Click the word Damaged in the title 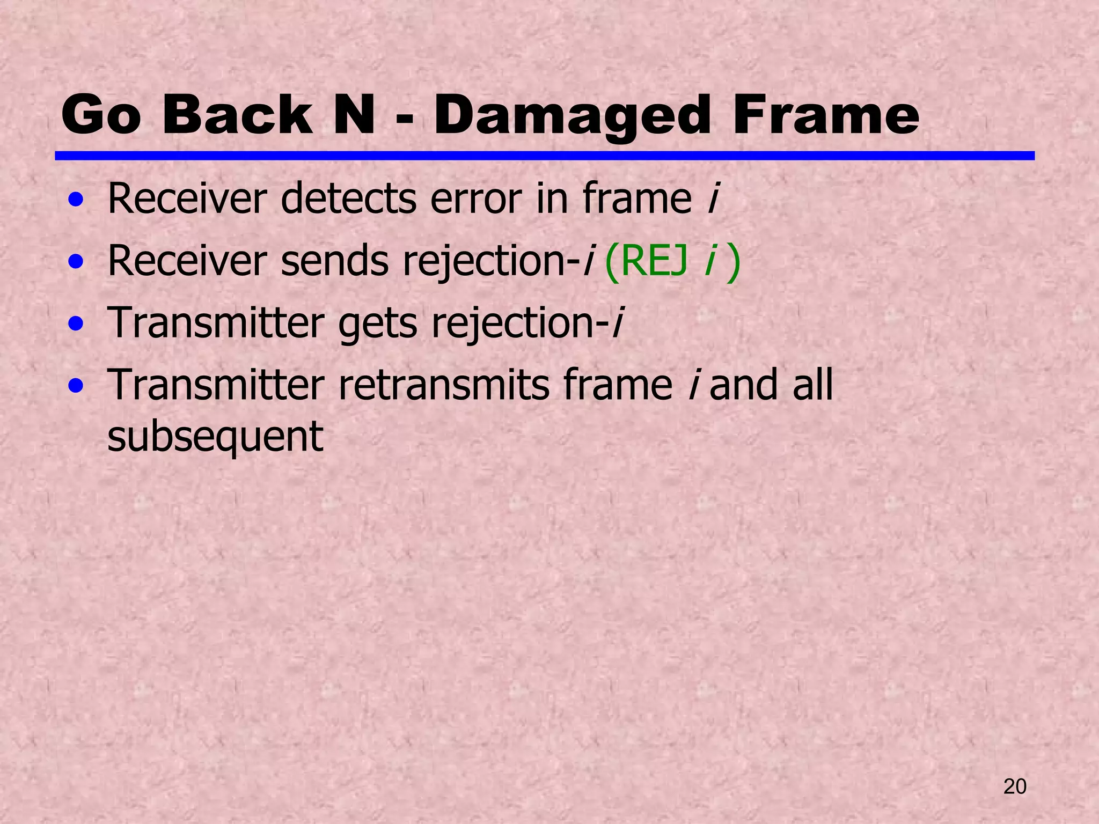(x=573, y=115)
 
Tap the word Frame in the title (x=826, y=115)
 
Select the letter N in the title (x=354, y=115)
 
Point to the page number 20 (x=1015, y=786)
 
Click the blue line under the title (x=544, y=156)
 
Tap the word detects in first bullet (x=348, y=199)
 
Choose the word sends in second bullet (x=334, y=261)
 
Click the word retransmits (x=443, y=385)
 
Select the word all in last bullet (x=812, y=385)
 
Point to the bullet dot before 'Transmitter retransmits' (x=76, y=386)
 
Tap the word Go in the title (x=101, y=115)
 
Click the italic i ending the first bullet (x=713, y=198)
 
